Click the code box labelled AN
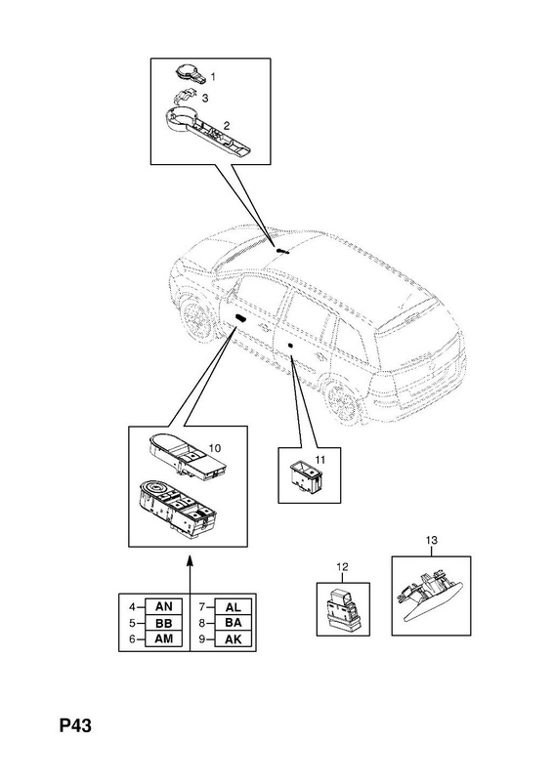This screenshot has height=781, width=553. coord(163,606)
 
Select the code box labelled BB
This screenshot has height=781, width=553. coord(163,623)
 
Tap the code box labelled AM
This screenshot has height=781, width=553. coord(163,638)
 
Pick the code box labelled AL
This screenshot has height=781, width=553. coord(233,606)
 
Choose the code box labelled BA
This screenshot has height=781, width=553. coord(233,623)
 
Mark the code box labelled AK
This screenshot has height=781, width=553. coord(233,638)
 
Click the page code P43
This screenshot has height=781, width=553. coord(75,725)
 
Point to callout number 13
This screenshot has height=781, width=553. coord(431,540)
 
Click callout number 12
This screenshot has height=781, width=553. coord(343,567)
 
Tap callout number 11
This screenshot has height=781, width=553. coord(319,459)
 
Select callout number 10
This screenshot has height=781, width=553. coord(214,448)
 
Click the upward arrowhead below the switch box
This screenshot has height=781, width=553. coord(190,560)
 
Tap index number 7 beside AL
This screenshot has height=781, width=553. coord(202,607)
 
